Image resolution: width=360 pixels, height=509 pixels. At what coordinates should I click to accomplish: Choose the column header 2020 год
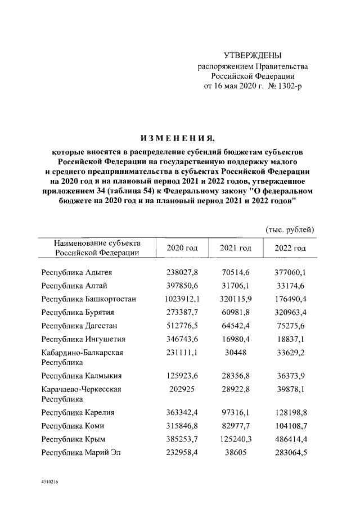[182, 248]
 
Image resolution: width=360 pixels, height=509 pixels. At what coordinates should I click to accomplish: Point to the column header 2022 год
[290, 248]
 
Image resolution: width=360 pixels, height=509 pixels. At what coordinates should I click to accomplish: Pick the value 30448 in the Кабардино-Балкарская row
[235, 353]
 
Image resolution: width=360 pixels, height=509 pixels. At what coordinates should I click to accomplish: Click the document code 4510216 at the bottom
[50, 483]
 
